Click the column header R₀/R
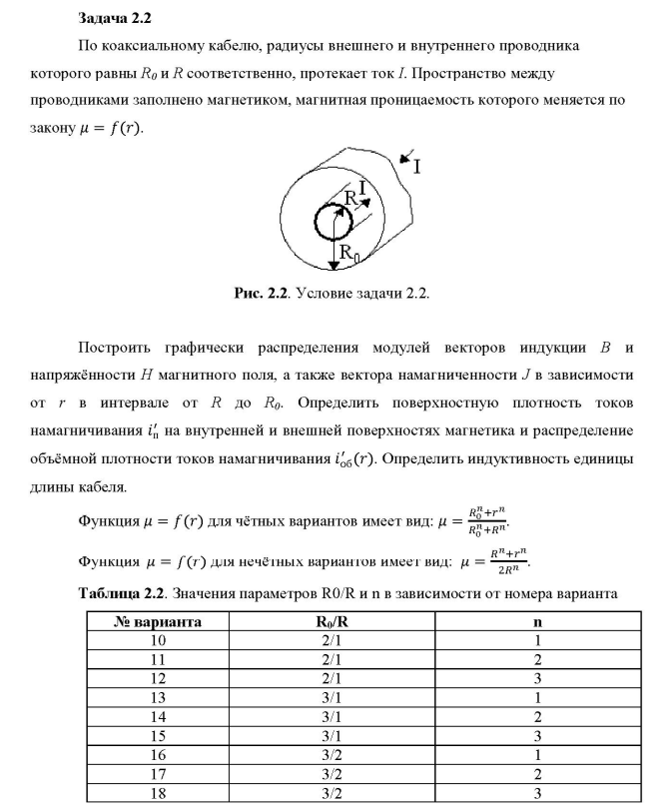point(329,622)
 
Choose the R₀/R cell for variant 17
point(329,775)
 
